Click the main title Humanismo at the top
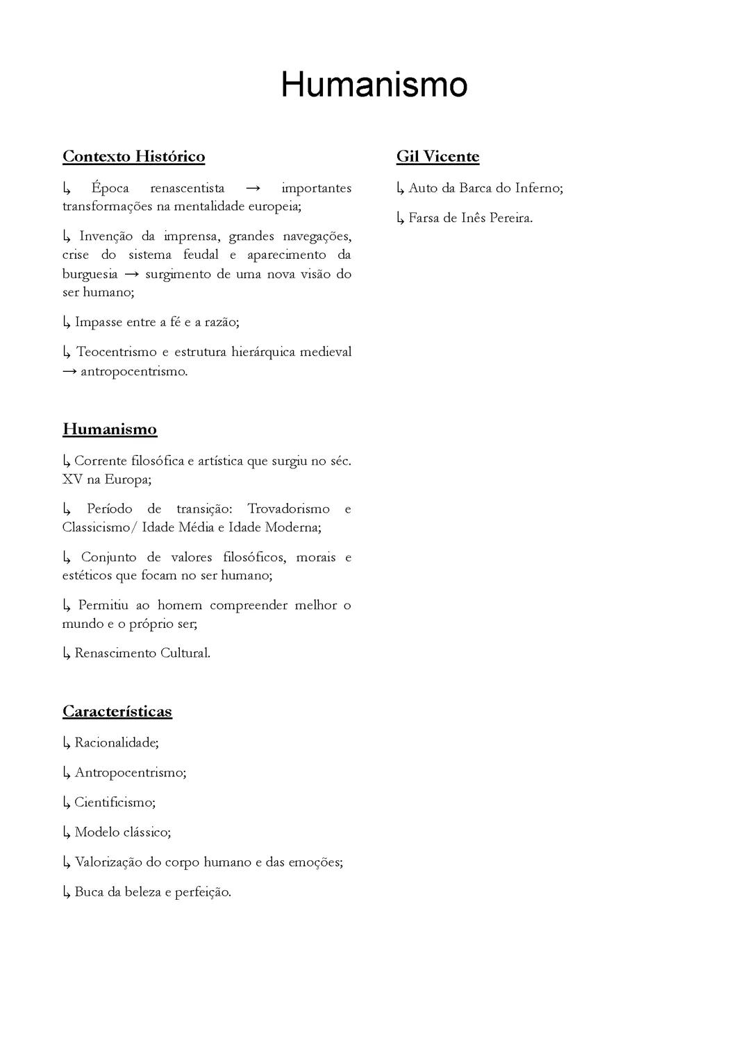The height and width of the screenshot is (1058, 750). [x=374, y=85]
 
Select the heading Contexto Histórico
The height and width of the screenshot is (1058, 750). [x=134, y=156]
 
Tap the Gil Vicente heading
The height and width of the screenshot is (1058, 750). [x=437, y=156]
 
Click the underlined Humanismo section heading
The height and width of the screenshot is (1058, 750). [x=110, y=429]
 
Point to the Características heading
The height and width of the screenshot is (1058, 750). [x=117, y=711]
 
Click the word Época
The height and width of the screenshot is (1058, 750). [x=110, y=188]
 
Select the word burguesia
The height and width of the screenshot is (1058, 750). [x=90, y=274]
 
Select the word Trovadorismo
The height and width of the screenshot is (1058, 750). [x=288, y=509]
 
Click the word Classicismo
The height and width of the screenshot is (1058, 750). [x=96, y=527]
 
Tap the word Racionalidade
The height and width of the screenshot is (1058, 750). [x=115, y=742]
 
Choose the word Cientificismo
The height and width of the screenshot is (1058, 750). [x=114, y=802]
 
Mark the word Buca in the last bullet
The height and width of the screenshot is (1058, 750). [x=89, y=891]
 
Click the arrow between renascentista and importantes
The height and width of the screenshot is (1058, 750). [x=253, y=189]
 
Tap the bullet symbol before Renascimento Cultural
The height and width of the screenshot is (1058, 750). [x=67, y=653]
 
